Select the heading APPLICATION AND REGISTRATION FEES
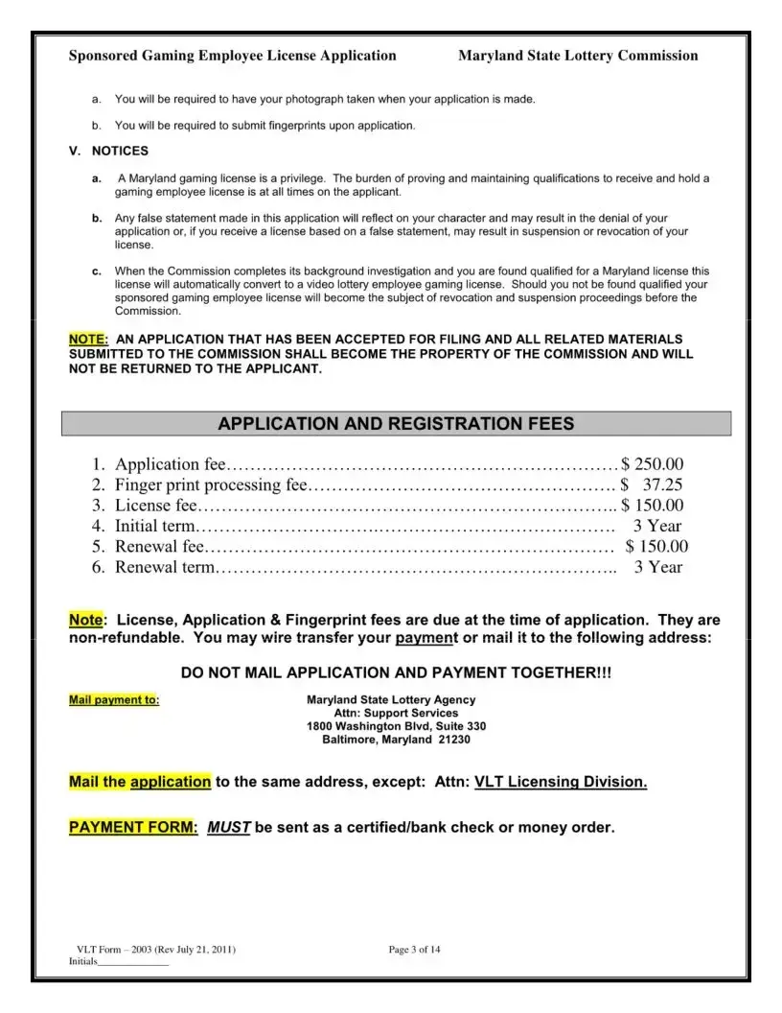coord(396,423)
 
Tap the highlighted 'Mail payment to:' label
coord(114,700)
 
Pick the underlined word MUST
coord(229,827)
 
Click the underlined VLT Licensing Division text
coord(561,782)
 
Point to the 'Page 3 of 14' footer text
coord(414,950)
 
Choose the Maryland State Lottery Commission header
coord(578,56)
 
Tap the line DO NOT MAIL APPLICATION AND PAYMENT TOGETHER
coord(395,673)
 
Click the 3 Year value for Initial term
coord(657,526)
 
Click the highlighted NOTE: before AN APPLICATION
coord(88,340)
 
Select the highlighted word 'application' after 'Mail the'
coord(171,782)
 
